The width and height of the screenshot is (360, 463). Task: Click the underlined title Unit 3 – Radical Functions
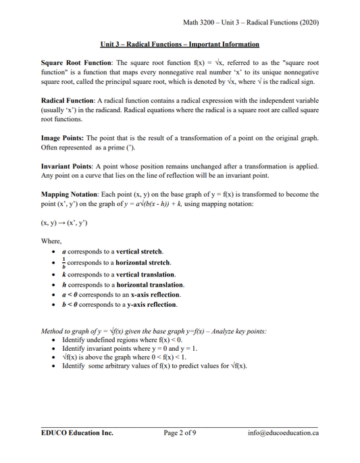click(180, 45)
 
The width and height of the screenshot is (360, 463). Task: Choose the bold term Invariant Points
click(67, 165)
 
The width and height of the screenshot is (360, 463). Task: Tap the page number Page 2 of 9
click(180, 433)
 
